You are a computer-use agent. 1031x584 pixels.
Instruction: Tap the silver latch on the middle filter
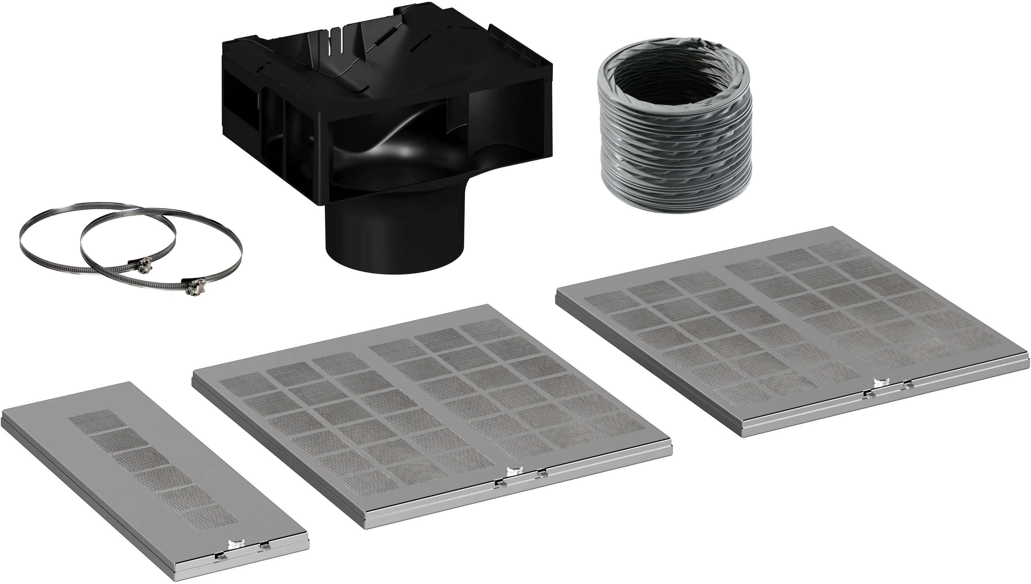513,471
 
